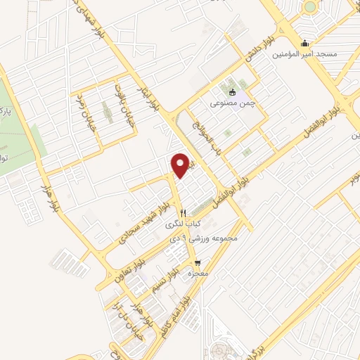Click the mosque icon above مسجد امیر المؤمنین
pyautogui.click(x=304, y=41)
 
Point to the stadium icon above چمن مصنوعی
pyautogui.click(x=233, y=91)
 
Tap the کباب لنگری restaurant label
pyautogui.click(x=179, y=225)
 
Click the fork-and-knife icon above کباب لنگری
pyautogui.click(x=183, y=212)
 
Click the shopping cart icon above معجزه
pyautogui.click(x=196, y=263)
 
